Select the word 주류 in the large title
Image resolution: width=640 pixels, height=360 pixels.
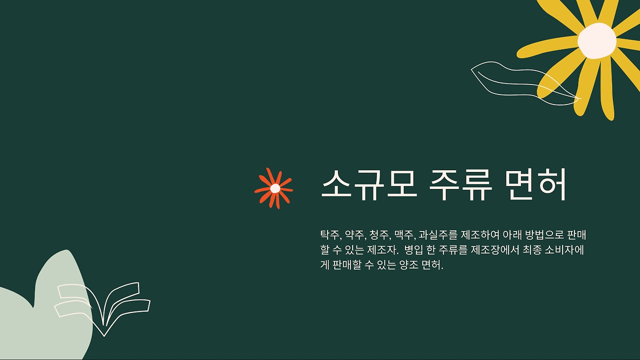pos(461,184)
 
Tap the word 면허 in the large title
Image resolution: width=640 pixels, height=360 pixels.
pos(535,184)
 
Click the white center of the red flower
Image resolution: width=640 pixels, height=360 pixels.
pos(275,188)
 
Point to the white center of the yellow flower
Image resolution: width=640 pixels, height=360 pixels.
pos(596,41)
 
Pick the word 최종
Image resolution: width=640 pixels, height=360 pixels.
pos(532,250)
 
